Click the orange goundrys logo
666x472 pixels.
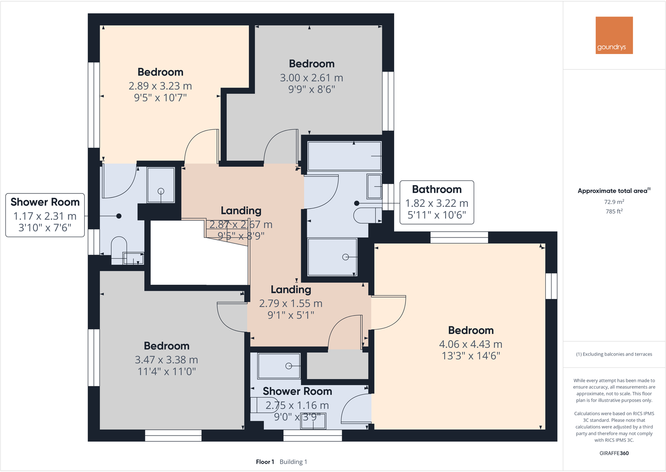614,35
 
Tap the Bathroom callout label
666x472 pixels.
436,202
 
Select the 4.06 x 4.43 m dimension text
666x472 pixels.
471,344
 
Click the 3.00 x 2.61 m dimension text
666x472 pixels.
311,78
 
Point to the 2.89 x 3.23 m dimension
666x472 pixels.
160,86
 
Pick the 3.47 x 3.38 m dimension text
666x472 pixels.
167,360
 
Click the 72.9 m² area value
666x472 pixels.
614,202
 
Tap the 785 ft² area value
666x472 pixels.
614,211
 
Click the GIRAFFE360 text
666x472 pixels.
614,453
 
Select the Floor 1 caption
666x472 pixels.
265,462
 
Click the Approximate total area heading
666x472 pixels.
614,191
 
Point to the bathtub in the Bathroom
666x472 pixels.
344,156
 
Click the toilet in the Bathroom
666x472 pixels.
367,216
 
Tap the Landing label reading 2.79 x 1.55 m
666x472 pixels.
291,302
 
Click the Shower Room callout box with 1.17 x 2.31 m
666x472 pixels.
45,215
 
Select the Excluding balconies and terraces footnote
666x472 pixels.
614,354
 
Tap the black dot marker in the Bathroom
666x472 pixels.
357,203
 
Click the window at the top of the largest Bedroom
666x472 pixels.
459,237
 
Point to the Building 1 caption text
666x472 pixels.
293,462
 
